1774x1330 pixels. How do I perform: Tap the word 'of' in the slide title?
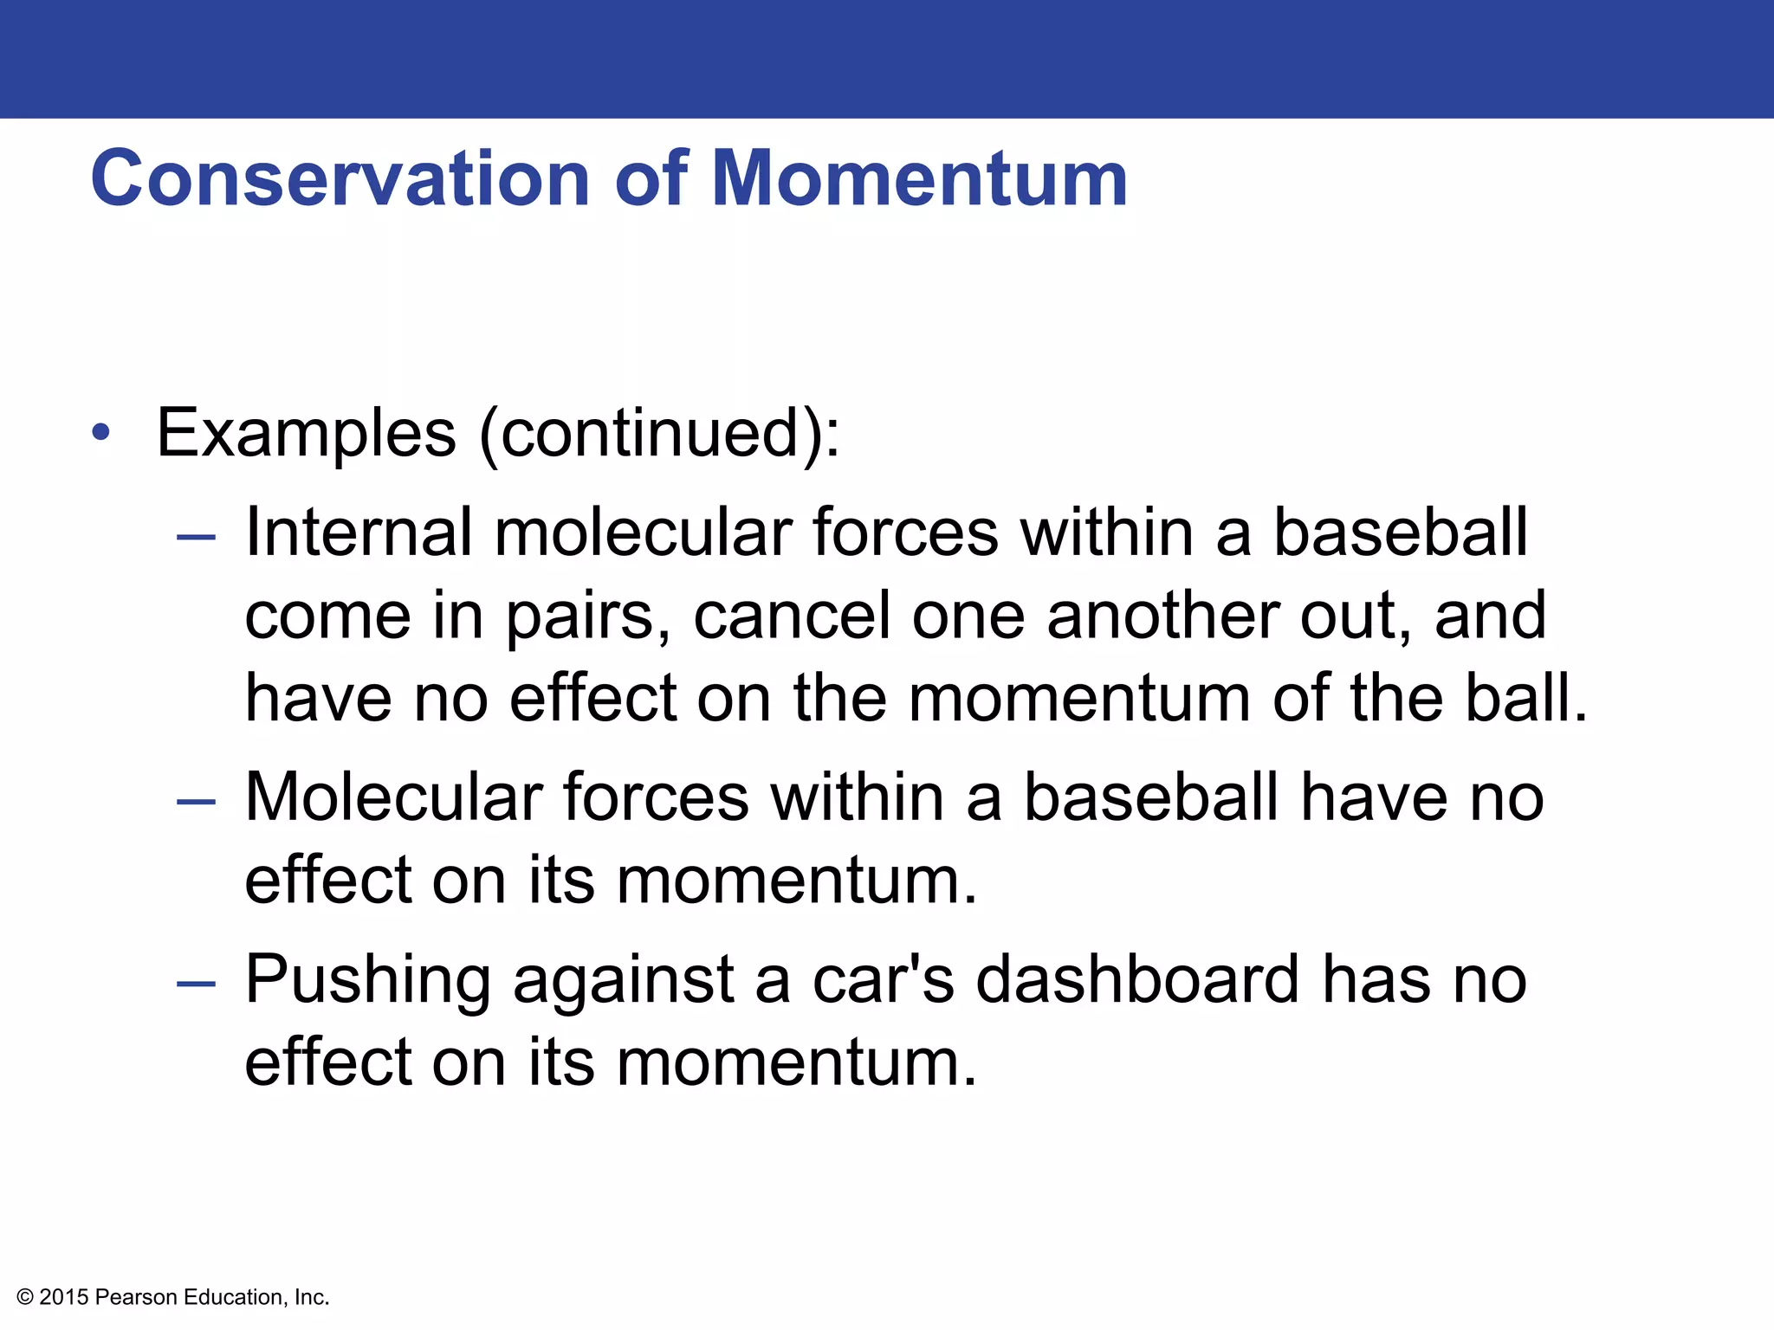pos(651,179)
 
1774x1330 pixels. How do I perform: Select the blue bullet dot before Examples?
pos(101,431)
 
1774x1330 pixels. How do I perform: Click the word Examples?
pos(306,433)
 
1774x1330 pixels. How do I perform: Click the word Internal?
pos(358,532)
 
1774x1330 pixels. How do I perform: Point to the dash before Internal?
pos(196,538)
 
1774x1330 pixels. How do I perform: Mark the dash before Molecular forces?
pos(196,802)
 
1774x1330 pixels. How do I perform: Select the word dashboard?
pos(1137,979)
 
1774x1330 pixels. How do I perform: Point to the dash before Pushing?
pos(196,985)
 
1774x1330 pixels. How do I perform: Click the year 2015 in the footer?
pos(64,1297)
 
